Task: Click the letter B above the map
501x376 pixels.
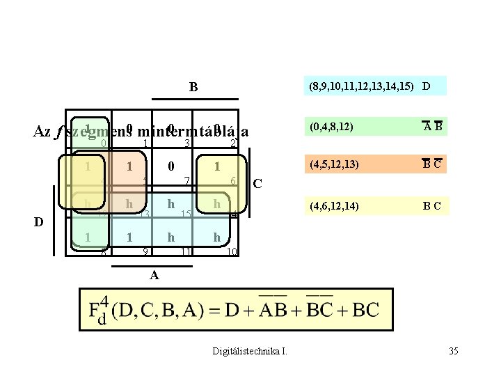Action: (193, 88)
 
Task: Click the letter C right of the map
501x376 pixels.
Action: (257, 184)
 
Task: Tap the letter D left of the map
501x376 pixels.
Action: (39, 221)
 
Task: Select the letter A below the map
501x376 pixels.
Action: (154, 275)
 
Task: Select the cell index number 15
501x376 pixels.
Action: (186, 213)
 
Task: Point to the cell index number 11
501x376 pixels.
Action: (186, 250)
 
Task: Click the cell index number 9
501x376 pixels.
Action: (145, 250)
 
